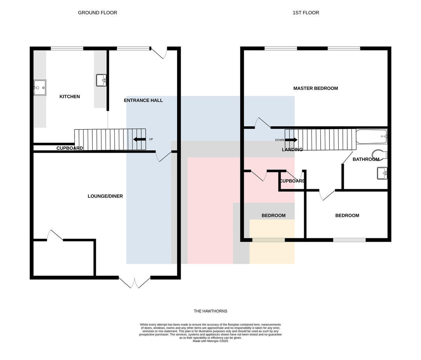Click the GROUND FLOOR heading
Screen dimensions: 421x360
(x=98, y=13)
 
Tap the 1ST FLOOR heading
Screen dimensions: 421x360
(x=306, y=13)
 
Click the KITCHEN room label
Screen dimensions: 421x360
(x=70, y=96)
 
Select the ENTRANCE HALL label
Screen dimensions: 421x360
(x=143, y=100)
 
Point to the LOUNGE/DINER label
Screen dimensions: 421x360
(x=105, y=196)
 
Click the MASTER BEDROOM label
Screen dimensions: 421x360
(x=315, y=88)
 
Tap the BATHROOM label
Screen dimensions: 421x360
(x=366, y=159)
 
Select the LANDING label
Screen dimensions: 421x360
(x=292, y=149)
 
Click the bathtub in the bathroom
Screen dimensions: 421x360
(x=372, y=137)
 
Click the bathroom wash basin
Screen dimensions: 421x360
(x=382, y=173)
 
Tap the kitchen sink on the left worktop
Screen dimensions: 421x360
(x=40, y=88)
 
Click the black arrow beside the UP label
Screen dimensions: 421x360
(x=139, y=139)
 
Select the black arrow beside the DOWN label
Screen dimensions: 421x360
(x=291, y=140)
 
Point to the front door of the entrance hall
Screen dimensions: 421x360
(x=159, y=53)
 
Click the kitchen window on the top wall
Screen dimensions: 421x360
(x=67, y=48)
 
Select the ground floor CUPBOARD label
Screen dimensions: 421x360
(x=70, y=148)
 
